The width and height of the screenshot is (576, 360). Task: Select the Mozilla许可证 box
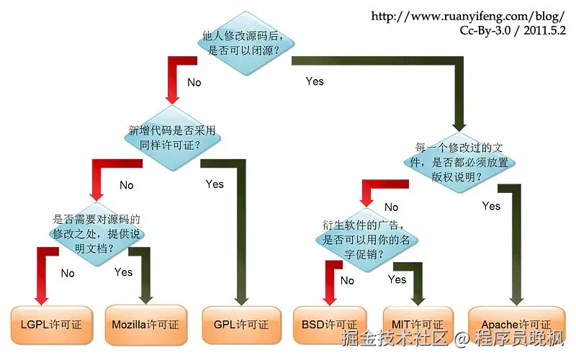point(146,324)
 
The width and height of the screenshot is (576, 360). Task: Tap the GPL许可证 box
point(240,324)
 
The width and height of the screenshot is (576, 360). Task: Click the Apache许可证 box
point(516,324)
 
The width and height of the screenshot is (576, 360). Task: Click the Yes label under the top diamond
point(315,81)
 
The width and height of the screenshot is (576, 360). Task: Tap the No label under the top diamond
point(194,82)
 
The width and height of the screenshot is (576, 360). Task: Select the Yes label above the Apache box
point(491,206)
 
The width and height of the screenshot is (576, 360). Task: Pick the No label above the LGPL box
point(68,273)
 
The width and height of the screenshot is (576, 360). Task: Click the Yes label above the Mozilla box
point(124,271)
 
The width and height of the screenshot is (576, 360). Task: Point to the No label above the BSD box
point(347,280)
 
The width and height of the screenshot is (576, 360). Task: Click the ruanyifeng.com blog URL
point(468,16)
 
